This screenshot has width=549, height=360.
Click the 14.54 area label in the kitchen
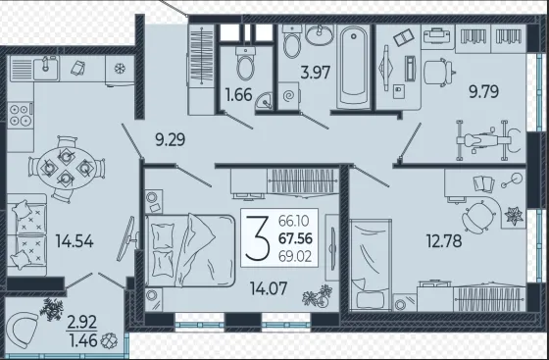(x=75, y=241)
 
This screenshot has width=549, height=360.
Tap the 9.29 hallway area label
(x=171, y=140)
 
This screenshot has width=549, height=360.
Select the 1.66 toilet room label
(x=239, y=95)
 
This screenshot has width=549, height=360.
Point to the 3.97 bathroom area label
(x=316, y=73)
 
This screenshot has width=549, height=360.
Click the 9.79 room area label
(x=484, y=92)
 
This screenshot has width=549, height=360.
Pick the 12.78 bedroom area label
(x=444, y=241)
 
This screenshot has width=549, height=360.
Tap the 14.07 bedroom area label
(x=269, y=288)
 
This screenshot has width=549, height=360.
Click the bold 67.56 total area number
(x=295, y=238)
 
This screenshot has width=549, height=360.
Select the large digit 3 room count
(x=257, y=238)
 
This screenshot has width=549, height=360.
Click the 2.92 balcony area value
(x=82, y=323)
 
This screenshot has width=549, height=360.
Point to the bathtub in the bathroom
(x=353, y=67)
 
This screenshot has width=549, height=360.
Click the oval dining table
(x=66, y=168)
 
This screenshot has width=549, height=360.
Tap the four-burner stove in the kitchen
(x=21, y=115)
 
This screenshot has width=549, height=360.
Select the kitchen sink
(x=46, y=69)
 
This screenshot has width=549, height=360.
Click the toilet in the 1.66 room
(x=245, y=64)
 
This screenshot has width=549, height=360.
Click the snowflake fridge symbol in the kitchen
(x=120, y=69)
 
